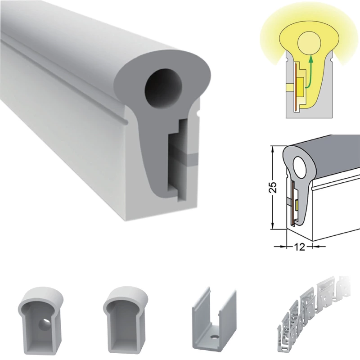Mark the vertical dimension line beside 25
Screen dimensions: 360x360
(x=272, y=207)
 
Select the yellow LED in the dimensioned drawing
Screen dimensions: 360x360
(x=297, y=205)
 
